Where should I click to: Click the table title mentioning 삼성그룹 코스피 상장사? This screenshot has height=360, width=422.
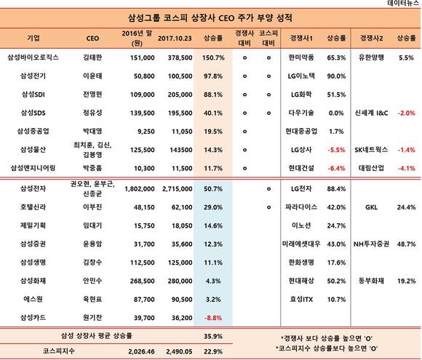tap(210, 18)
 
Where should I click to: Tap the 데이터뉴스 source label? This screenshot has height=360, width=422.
tap(403, 3)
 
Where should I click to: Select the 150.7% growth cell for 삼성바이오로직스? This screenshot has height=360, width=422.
tap(213, 57)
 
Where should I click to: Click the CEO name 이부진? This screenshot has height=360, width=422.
tap(92, 207)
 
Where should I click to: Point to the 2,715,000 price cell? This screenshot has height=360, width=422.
tap(178, 189)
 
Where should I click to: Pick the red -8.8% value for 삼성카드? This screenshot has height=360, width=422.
tap(213, 318)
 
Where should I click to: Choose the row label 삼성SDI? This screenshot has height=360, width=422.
tap(33, 95)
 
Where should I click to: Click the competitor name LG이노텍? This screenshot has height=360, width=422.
tap(301, 76)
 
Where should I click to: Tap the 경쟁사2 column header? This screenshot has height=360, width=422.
tap(371, 39)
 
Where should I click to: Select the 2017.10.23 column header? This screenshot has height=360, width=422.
tap(175, 39)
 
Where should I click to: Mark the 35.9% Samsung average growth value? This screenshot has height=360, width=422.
tap(213, 336)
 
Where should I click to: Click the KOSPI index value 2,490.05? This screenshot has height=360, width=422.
tap(179, 351)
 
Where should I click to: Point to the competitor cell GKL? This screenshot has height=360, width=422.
tap(371, 207)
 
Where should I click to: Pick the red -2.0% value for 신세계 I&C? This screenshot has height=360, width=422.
tap(406, 113)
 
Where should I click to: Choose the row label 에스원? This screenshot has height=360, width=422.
tap(33, 299)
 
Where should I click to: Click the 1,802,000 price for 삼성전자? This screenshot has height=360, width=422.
tap(140, 189)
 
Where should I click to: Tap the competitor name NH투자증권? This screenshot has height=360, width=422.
tap(371, 244)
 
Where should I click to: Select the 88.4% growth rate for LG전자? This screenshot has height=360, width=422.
tap(336, 189)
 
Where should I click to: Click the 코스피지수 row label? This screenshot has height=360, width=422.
tap(58, 351)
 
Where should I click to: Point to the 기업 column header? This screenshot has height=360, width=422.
tap(33, 38)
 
